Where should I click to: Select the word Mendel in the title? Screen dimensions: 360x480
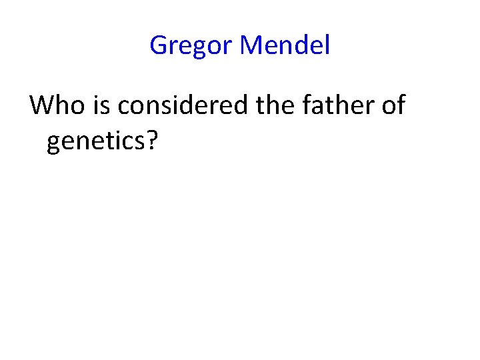285,45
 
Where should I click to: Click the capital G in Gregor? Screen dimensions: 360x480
159,46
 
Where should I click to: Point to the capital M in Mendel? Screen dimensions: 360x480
252,45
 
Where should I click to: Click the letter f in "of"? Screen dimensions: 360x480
399,105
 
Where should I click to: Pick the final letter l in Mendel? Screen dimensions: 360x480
327,45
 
